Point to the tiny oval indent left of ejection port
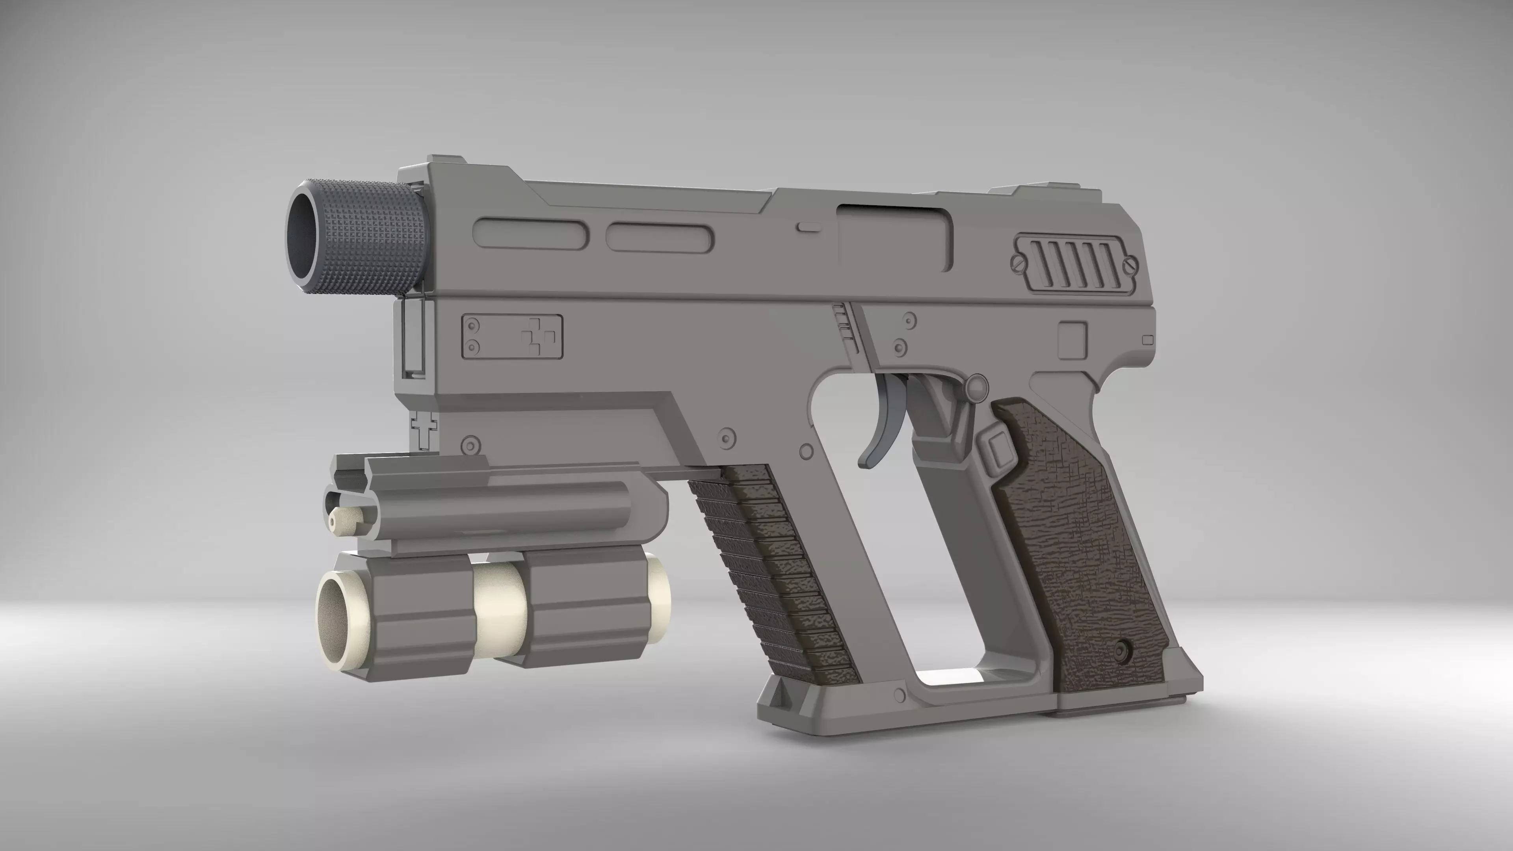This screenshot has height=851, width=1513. [808, 226]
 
